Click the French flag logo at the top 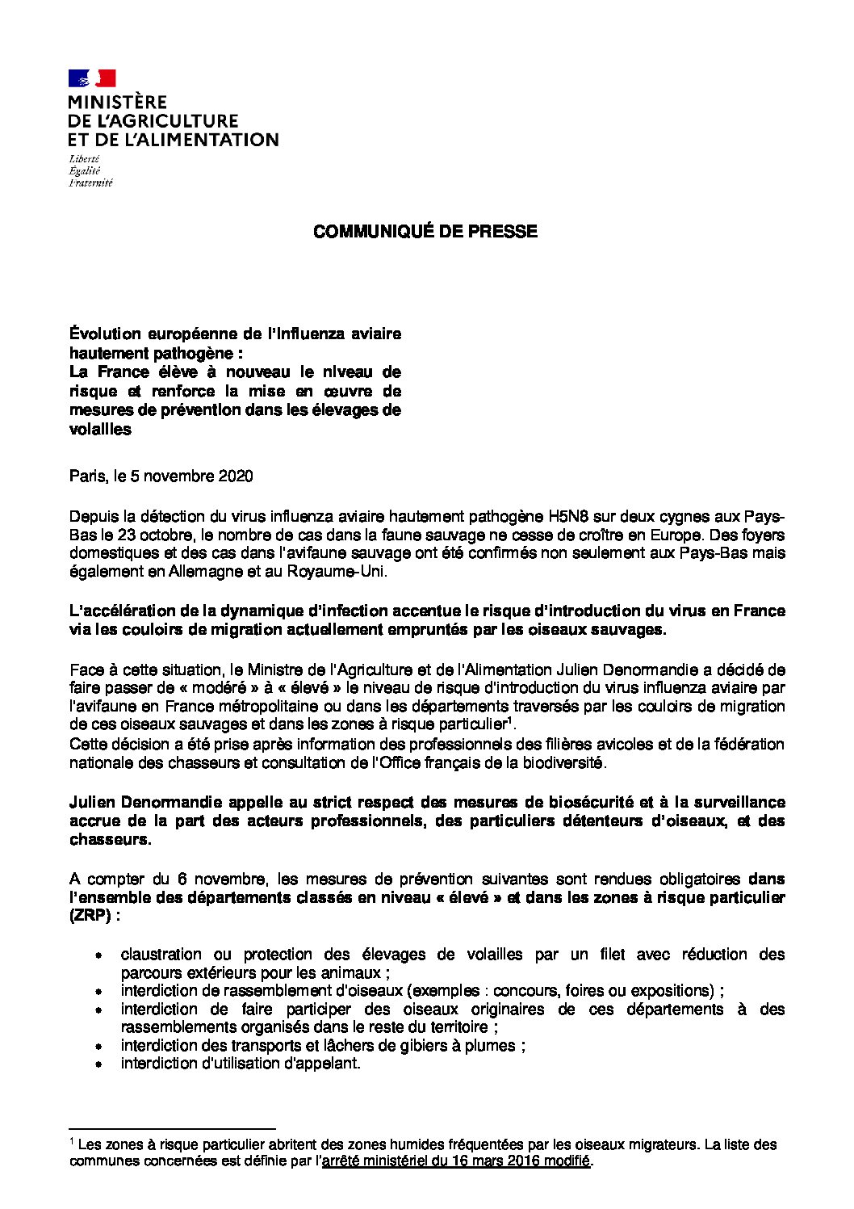(x=92, y=78)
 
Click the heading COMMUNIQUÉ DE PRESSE (x=425, y=232)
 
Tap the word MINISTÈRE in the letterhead (x=117, y=103)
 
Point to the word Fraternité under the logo (x=90, y=183)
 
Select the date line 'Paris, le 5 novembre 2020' (x=161, y=476)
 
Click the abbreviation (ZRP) (x=90, y=916)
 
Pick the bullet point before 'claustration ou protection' (x=98, y=955)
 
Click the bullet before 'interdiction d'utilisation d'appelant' (x=98, y=1064)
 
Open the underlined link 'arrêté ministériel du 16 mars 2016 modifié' (x=456, y=1161)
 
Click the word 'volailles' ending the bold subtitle (x=100, y=430)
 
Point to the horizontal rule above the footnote (x=173, y=1129)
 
